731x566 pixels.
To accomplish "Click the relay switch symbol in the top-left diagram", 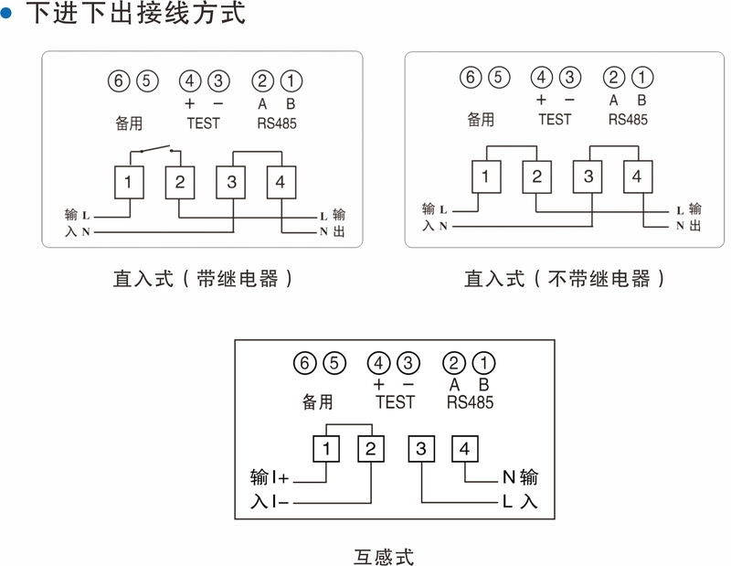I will (x=154, y=149).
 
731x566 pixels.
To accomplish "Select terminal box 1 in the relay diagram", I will (x=129, y=182).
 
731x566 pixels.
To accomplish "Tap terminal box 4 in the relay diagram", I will (x=281, y=182).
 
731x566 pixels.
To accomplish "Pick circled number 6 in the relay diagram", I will (x=118, y=81).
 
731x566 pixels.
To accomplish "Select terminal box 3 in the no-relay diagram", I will (x=588, y=176).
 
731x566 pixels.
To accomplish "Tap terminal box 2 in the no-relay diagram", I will (x=537, y=176).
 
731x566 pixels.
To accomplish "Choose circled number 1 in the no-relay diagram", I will (x=643, y=78).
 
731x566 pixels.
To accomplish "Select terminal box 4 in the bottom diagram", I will (x=465, y=449).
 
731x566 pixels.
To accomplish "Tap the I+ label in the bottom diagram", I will (x=280, y=477).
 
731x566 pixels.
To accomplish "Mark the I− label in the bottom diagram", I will (x=280, y=503).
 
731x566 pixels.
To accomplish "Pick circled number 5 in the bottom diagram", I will (x=334, y=363).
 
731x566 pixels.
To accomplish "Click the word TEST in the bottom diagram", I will (x=395, y=402).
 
